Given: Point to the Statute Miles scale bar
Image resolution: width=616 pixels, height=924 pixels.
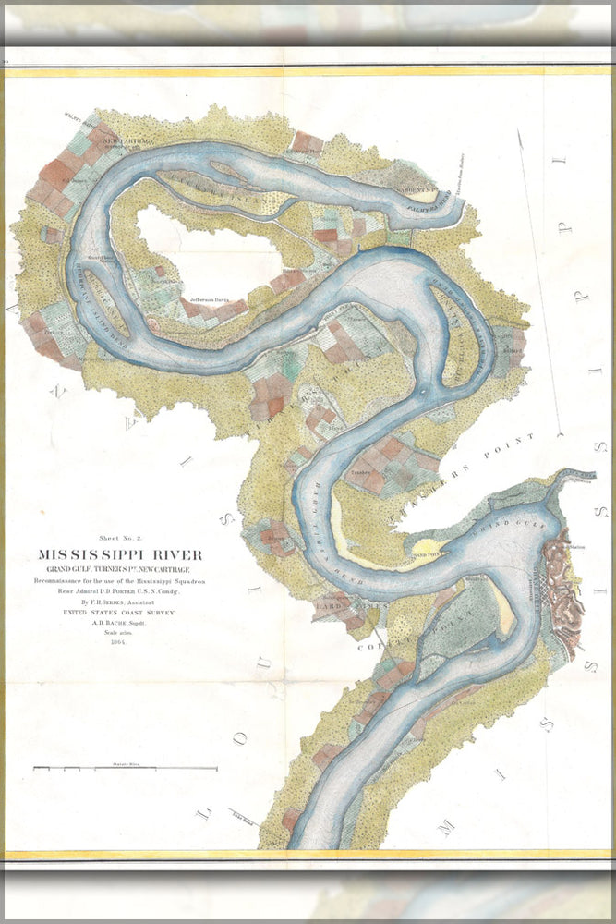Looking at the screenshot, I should coord(125,767).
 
